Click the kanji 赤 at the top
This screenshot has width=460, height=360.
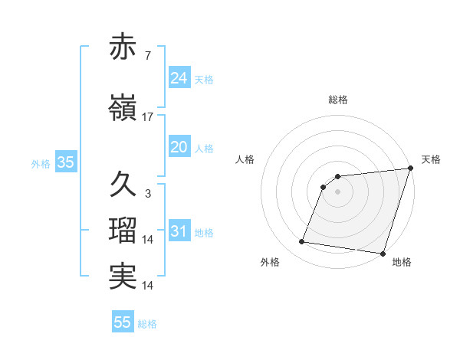coord(123,47)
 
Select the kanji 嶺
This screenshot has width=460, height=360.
coord(123,109)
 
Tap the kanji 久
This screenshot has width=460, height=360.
coord(123,185)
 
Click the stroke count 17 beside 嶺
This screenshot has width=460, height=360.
coord(148,117)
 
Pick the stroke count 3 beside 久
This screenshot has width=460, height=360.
coord(148,194)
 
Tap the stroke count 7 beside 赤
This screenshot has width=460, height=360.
coord(148,56)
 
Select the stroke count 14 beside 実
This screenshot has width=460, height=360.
coord(148,286)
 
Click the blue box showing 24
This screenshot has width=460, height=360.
coord(179,77)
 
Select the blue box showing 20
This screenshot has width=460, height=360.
coord(179,147)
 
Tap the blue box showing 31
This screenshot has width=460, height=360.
coord(179,231)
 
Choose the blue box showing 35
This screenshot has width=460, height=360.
coord(65,162)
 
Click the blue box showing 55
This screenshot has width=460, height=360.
coord(123,322)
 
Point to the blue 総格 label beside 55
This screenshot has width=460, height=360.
coord(147,324)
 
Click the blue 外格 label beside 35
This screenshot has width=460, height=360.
coord(41,163)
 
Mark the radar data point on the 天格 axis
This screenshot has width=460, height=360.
coord(410,169)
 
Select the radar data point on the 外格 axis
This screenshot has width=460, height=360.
coord(301,242)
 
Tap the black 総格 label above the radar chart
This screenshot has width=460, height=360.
coord(338,100)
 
